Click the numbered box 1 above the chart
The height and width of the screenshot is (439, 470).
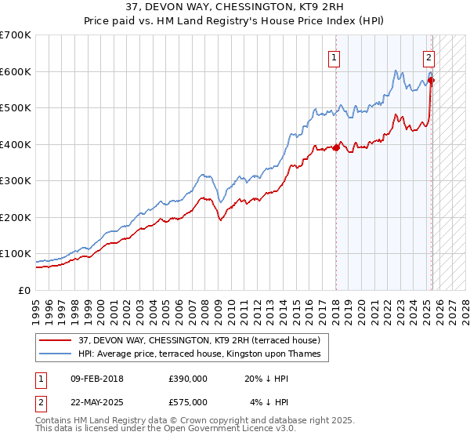click(x=334, y=56)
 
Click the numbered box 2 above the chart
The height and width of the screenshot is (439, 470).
click(x=429, y=56)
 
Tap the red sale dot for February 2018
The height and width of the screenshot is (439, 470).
click(x=336, y=147)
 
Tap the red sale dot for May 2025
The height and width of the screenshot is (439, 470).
click(x=432, y=80)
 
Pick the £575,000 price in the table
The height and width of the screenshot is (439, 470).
click(x=188, y=402)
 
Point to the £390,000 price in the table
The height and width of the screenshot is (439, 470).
click(x=188, y=378)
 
